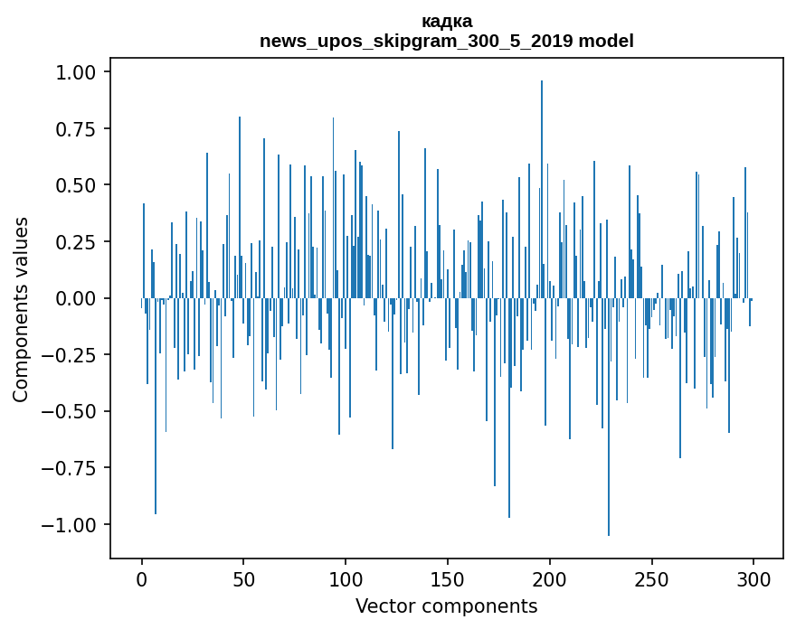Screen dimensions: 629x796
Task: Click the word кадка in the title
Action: (446, 21)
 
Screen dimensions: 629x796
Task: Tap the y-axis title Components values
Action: (21, 309)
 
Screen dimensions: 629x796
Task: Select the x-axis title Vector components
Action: (446, 606)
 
